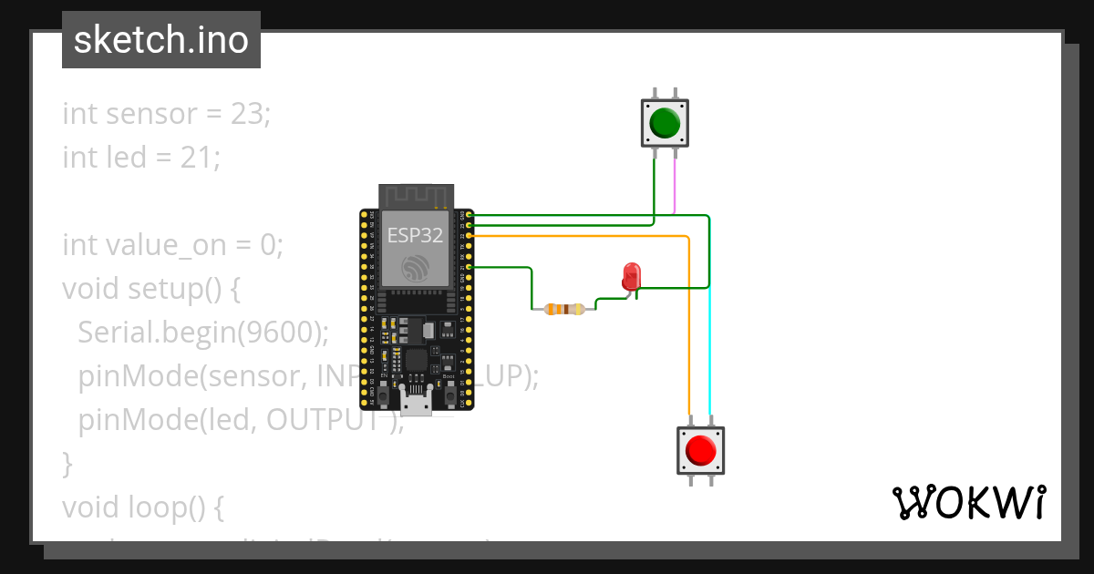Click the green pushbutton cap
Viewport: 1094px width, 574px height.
[x=664, y=122]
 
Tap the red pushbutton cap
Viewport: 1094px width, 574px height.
[x=700, y=450]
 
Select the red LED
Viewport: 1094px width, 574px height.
[x=630, y=277]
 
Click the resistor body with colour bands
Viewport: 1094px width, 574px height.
[x=564, y=309]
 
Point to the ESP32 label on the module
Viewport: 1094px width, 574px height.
[x=416, y=235]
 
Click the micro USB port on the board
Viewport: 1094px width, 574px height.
[x=416, y=400]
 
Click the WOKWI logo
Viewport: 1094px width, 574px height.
[x=967, y=502]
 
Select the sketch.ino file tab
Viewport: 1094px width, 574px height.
[x=161, y=40]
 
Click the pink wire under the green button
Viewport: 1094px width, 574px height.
[x=675, y=187]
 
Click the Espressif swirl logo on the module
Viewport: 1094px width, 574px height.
[x=416, y=268]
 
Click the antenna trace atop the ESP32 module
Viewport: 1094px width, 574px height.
[x=416, y=194]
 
